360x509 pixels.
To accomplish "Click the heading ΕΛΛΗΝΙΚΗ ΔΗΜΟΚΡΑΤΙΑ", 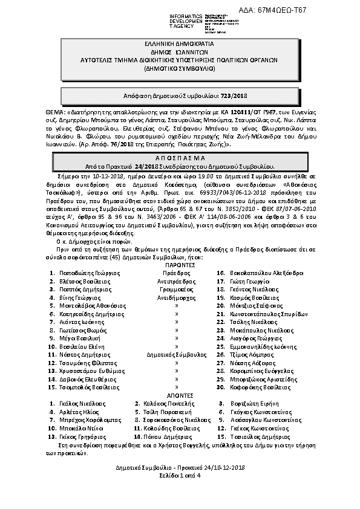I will pyautogui.click(x=180, y=45).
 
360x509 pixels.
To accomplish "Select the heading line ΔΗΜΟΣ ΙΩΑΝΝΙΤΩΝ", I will pyautogui.click(x=180, y=53).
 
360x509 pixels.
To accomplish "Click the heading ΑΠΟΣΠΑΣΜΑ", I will pyautogui.click(x=180, y=157).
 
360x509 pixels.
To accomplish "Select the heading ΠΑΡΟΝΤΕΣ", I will pyautogui.click(x=180, y=265).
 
